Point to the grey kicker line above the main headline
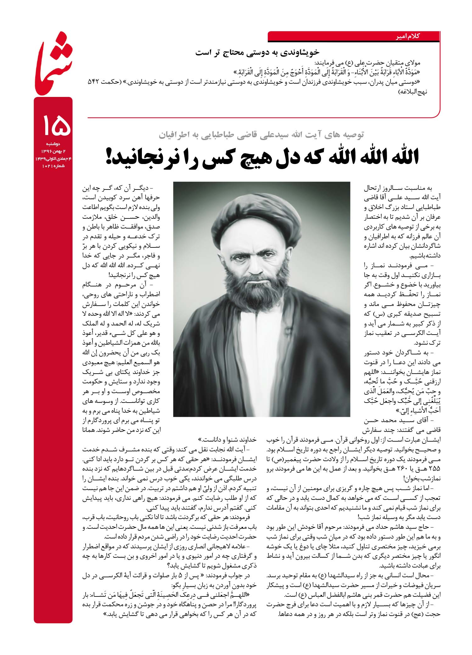pos(261,135)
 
